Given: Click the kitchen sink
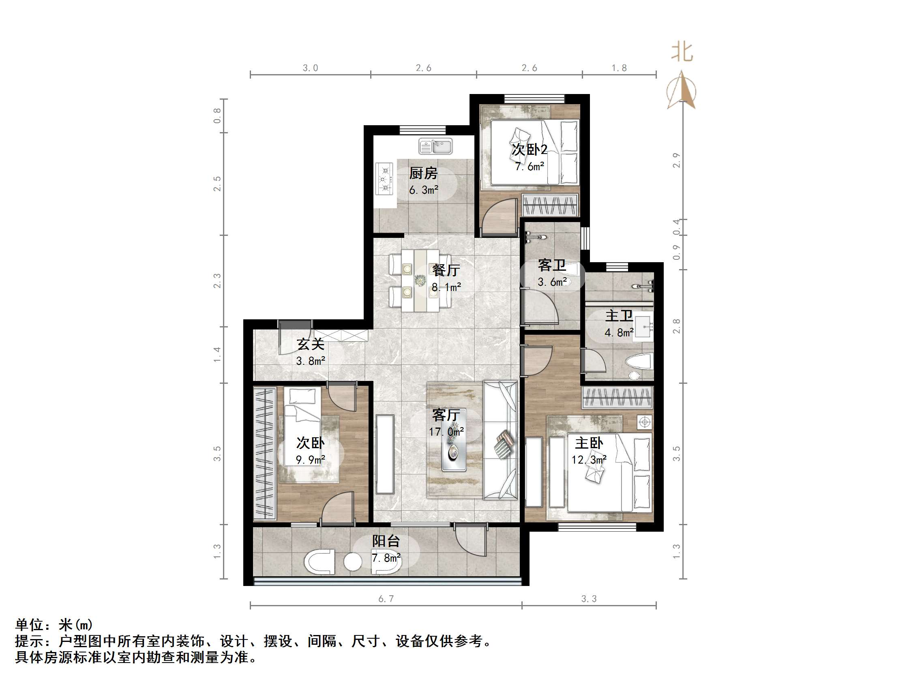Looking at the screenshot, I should (x=435, y=146).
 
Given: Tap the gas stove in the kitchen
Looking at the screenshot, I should (x=385, y=179).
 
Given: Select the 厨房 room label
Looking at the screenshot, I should (x=423, y=173).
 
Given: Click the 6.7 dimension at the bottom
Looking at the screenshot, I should (x=386, y=599).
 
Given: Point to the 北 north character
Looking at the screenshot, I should (x=682, y=52).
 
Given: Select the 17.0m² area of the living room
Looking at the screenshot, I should (x=446, y=432).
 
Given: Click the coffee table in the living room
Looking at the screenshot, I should (x=453, y=451).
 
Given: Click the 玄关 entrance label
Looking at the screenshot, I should (x=311, y=344).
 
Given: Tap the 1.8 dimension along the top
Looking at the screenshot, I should (x=619, y=68).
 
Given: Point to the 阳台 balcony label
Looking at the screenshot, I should (x=386, y=541).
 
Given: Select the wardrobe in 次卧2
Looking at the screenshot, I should (x=550, y=205).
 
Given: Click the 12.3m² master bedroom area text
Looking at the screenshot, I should (x=589, y=460).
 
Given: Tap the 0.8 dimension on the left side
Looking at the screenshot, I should (x=217, y=115).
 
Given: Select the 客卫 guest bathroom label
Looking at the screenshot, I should (x=551, y=265).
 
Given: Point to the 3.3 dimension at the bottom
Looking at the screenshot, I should (x=589, y=599).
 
